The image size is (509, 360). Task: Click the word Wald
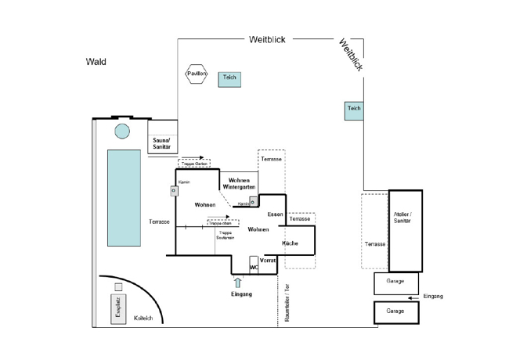(x=96, y=61)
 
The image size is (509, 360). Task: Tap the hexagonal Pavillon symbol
(x=197, y=74)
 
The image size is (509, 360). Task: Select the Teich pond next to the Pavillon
(x=229, y=78)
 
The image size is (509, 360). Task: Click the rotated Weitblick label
(x=350, y=56)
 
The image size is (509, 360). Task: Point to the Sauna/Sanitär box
(x=163, y=143)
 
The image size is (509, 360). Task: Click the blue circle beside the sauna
(x=122, y=131)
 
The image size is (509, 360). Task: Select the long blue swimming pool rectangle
(x=124, y=197)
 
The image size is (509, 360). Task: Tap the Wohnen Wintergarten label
(x=236, y=184)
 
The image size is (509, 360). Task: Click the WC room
(x=254, y=266)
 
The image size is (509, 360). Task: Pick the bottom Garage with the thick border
(x=395, y=311)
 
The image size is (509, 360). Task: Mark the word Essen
(x=274, y=214)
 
